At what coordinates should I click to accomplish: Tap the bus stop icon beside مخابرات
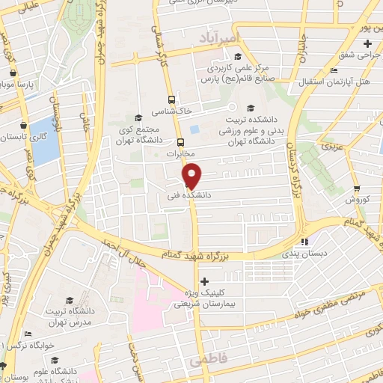click(180, 142)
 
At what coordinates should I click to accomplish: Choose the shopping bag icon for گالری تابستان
click(24, 125)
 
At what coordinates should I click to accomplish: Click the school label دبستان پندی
click(303, 254)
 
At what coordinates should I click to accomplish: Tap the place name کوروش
click(359, 200)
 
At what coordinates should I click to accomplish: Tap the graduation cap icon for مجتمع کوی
click(138, 117)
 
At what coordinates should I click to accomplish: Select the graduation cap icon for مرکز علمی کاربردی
click(238, 56)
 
